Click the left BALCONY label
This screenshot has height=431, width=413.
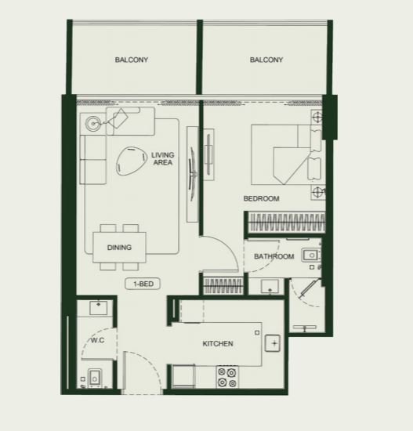click(132, 60)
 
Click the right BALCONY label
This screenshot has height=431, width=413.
click(266, 60)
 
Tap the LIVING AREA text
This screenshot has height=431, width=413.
click(163, 158)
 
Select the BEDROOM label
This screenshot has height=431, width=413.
click(262, 198)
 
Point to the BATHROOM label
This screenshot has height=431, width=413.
click(274, 256)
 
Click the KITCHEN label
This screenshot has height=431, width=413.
click(218, 343)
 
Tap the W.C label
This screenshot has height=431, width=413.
click(98, 340)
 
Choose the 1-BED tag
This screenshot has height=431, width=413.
click(143, 284)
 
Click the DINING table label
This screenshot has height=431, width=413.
click(119, 248)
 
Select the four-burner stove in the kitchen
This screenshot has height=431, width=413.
click(227, 377)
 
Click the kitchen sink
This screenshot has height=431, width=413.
click(273, 343)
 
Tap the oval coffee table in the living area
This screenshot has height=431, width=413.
click(131, 161)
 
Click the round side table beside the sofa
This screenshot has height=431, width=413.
click(92, 123)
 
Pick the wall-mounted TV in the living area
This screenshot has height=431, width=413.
click(192, 172)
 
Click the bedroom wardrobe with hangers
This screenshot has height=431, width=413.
click(287, 222)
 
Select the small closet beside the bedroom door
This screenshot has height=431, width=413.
click(223, 285)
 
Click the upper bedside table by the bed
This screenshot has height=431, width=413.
click(317, 118)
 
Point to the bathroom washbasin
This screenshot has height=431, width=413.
click(311, 255)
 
